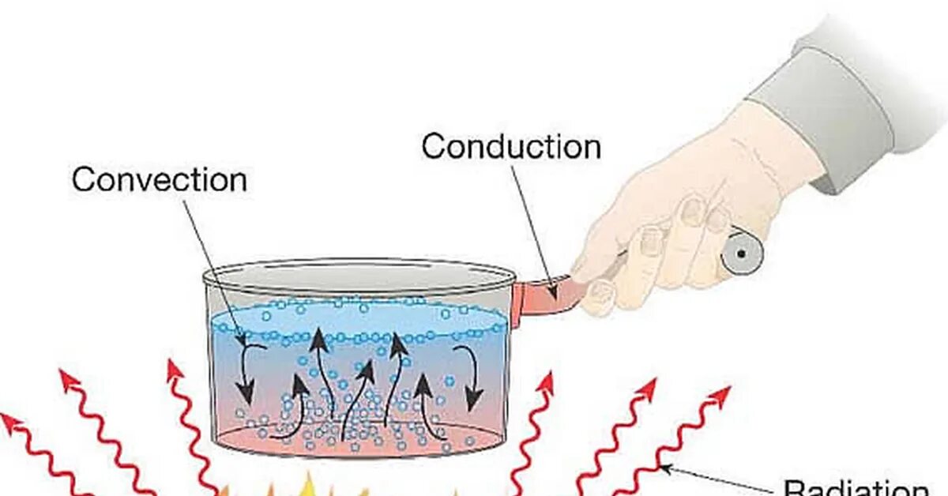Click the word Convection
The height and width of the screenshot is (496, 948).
[x=159, y=180]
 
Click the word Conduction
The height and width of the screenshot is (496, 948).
[x=510, y=147]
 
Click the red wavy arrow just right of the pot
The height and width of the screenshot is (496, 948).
[x=534, y=426]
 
